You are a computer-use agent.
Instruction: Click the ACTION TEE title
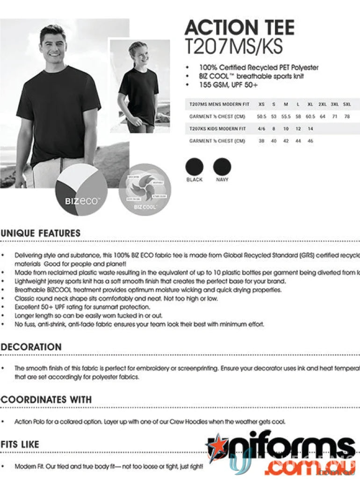point(239,28)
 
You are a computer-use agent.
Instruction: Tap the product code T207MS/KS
point(234,46)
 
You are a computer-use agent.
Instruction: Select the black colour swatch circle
point(194,167)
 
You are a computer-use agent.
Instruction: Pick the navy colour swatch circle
point(222,167)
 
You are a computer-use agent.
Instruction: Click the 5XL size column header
point(347,104)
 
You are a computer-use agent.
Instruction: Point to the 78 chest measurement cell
point(347,116)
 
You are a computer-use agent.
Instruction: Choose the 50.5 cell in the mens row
point(261,116)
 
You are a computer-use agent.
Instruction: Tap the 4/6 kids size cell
point(261,129)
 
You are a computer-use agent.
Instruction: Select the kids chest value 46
point(310,141)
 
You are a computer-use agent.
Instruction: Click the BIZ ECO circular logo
point(82,190)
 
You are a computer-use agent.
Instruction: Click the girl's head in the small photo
point(139,52)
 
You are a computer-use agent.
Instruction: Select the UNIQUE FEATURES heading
point(41,233)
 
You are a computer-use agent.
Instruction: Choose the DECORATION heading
point(31,347)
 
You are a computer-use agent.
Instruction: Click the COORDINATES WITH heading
point(46,400)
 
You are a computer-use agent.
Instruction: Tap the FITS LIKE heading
point(20,444)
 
